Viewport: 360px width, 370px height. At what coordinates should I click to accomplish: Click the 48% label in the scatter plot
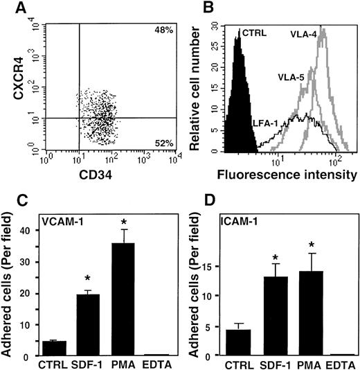click(162, 33)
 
